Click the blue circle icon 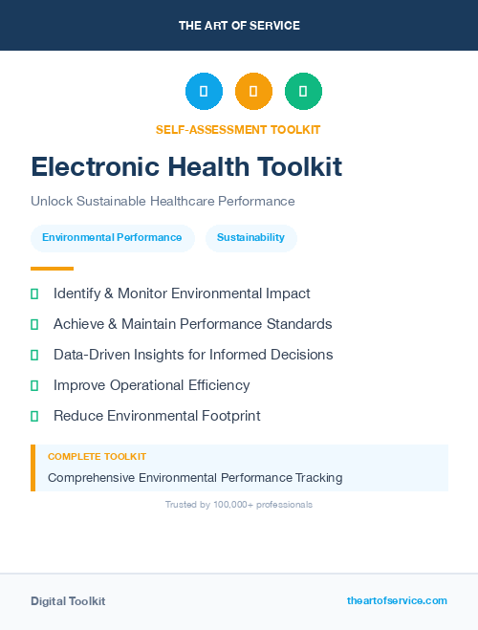click(x=204, y=92)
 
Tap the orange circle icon click(x=253, y=92)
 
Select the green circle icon click(x=303, y=92)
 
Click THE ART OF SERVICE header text click(x=239, y=25)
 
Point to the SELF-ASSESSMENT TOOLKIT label click(x=238, y=129)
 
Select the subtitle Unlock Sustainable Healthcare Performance click(x=163, y=201)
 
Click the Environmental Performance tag click(x=112, y=237)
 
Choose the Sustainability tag click(x=250, y=237)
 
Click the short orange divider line click(x=52, y=269)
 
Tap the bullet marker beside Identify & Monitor click(x=34, y=293)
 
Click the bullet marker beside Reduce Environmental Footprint click(x=34, y=416)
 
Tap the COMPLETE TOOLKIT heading click(x=97, y=457)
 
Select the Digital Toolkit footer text click(x=68, y=601)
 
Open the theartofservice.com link click(x=397, y=600)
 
